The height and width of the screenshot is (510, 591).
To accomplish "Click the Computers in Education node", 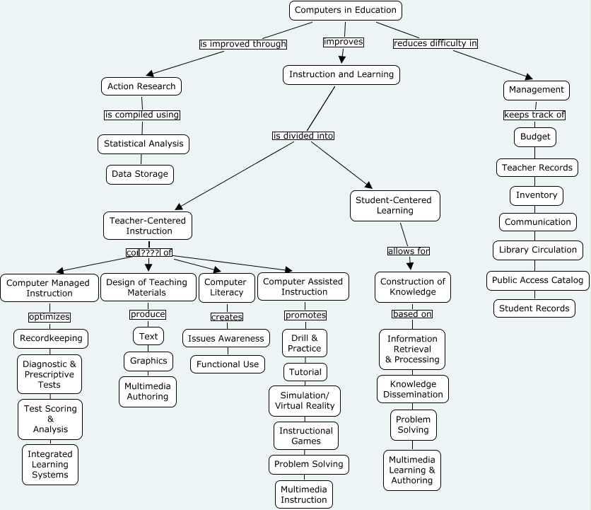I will (346, 10).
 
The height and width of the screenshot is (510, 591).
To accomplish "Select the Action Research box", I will (141, 86).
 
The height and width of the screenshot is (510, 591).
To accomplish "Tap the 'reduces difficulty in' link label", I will (435, 43).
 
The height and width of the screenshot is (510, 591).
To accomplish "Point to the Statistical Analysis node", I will (144, 144).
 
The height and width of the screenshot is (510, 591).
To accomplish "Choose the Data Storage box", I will (140, 174).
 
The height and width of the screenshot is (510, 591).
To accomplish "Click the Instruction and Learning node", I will (341, 74).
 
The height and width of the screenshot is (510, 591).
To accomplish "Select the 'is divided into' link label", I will (303, 136).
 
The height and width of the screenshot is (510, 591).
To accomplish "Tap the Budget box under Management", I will (535, 137).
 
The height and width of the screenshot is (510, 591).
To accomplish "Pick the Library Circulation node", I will (537, 250).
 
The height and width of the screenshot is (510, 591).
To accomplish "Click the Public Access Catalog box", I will (538, 280).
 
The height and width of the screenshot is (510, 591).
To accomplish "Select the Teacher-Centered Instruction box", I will (147, 226).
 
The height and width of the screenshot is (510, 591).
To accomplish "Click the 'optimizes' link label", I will (49, 316).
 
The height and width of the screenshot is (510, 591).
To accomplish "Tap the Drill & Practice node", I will (305, 343).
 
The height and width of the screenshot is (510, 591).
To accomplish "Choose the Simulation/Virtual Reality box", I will (305, 400).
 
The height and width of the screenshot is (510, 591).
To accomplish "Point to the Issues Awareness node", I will (226, 338).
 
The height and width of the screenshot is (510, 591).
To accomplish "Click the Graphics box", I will (148, 361).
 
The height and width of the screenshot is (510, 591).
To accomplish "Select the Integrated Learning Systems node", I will (50, 464).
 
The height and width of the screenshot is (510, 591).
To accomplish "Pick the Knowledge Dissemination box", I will (413, 389).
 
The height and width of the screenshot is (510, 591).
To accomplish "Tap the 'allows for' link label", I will (409, 251).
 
